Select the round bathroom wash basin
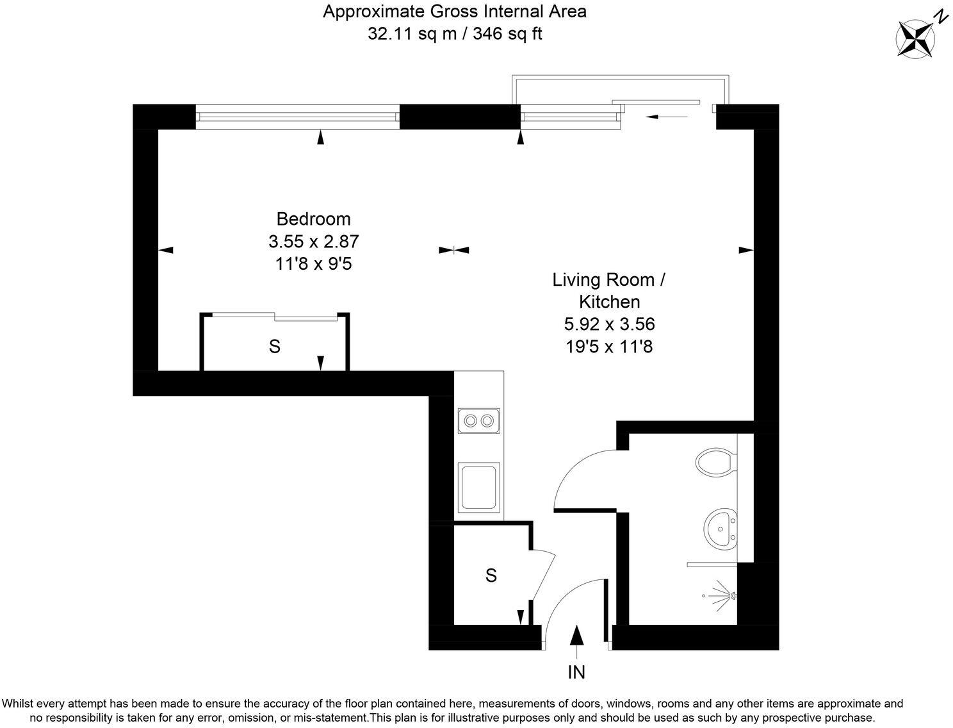[x=722, y=529]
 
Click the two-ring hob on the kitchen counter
[x=479, y=421]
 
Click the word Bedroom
[x=313, y=219]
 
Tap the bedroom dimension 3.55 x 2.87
[x=314, y=242]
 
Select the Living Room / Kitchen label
[x=609, y=290]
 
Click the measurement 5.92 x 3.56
[x=609, y=324]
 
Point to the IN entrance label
[x=576, y=672]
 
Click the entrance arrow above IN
[x=577, y=636]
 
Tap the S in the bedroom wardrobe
[x=274, y=347]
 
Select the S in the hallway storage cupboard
[x=491, y=576]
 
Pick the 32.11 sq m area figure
[x=412, y=34]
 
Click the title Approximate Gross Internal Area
[x=454, y=12]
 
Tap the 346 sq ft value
[x=507, y=34]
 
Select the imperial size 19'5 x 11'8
[x=609, y=347]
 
